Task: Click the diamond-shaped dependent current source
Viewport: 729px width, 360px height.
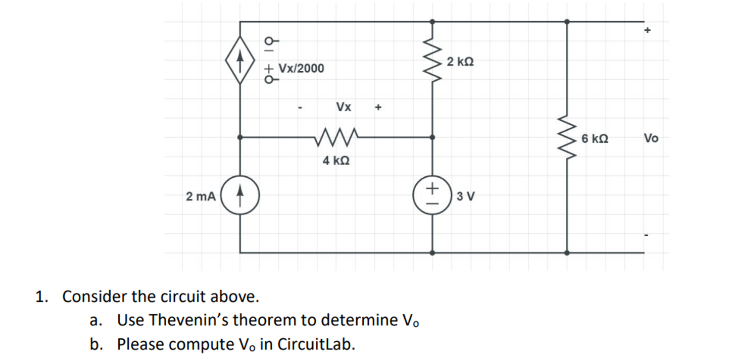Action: tap(240, 60)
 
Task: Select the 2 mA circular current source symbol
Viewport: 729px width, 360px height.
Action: tap(240, 195)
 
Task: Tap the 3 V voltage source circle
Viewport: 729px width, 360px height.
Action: tap(432, 195)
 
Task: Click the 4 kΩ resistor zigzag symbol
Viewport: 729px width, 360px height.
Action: tap(336, 136)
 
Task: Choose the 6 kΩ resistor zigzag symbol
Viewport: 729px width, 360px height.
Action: tap(566, 137)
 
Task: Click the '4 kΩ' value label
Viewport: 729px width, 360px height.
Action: tap(335, 161)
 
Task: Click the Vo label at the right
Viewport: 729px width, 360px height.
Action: tap(651, 138)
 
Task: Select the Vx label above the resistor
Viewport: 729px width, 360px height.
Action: tap(344, 107)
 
